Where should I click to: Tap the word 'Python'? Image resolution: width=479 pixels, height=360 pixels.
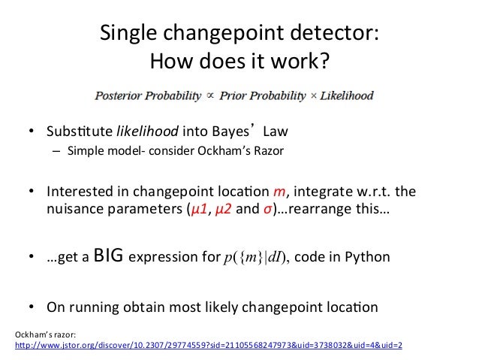[367, 257]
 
